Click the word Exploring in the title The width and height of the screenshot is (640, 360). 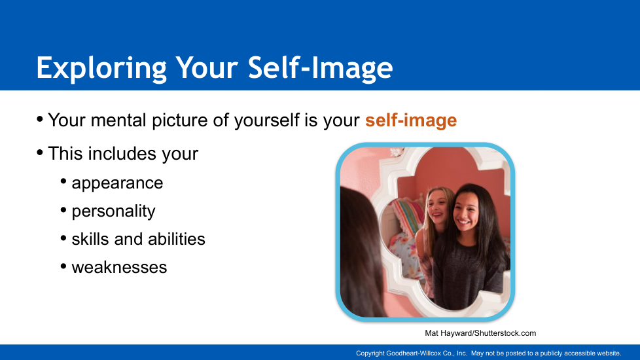click(x=101, y=68)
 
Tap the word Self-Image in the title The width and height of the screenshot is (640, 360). click(x=321, y=68)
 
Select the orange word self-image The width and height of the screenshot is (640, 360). click(x=411, y=120)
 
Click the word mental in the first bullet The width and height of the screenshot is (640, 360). click(x=118, y=120)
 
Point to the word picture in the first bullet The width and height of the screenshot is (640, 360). click(x=179, y=121)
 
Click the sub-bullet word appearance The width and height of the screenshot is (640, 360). click(x=117, y=183)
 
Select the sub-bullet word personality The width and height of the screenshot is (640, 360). click(x=113, y=211)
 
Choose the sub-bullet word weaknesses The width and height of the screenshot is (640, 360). click(x=119, y=268)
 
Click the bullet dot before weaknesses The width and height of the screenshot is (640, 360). click(x=63, y=267)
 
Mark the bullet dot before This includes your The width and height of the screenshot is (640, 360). click(x=40, y=153)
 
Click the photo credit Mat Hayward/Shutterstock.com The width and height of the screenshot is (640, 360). click(x=480, y=333)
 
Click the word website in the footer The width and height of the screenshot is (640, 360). click(x=609, y=353)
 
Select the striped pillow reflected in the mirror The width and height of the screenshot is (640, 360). click(x=408, y=215)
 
